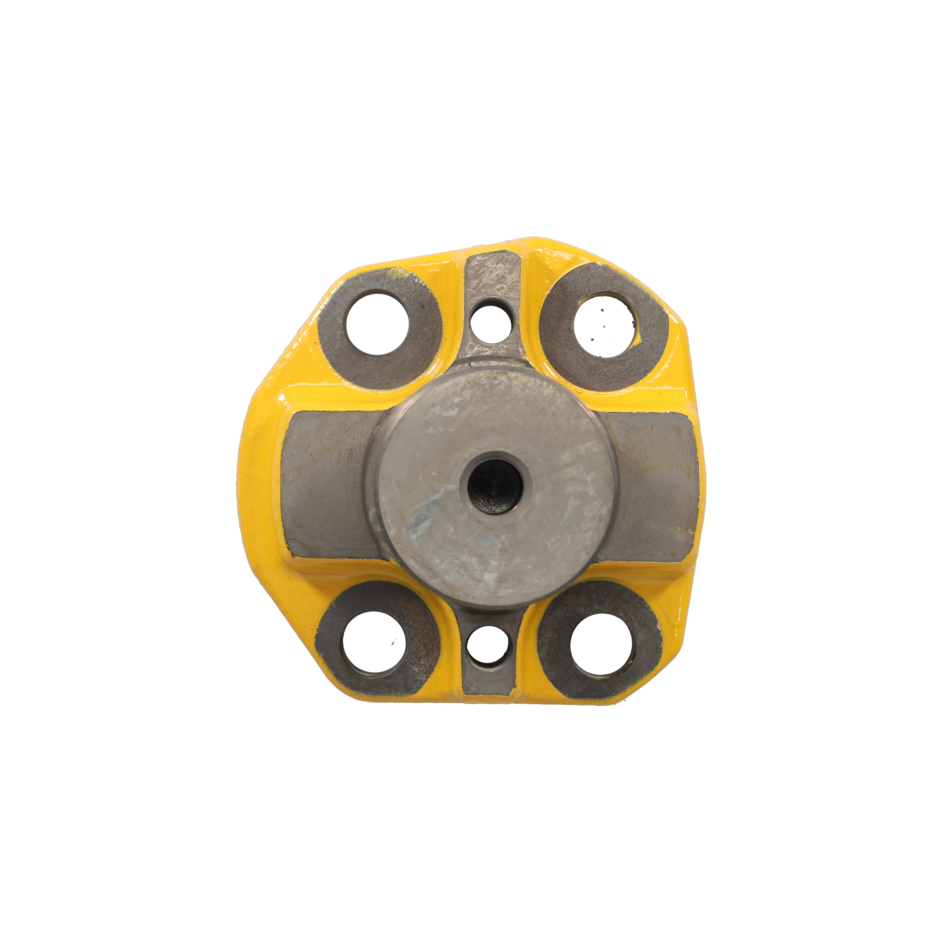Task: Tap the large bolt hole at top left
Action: coord(378,324)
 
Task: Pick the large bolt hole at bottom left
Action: coord(374,642)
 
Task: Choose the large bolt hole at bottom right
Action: coord(601,644)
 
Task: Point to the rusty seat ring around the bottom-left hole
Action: coord(424,649)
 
